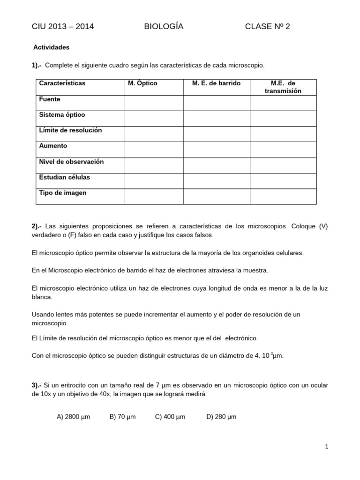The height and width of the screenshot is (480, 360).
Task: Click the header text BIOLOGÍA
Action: pos(164,27)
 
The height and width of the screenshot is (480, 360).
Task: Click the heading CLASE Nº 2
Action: pos(267,27)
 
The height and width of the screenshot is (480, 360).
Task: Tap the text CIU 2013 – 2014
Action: pos(63,27)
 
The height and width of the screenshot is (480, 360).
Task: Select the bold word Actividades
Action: pos(52,47)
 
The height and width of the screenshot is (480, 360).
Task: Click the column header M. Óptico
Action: pos(142,83)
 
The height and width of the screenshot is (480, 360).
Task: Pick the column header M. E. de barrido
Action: pos(216,83)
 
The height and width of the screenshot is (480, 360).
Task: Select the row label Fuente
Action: pos(50,99)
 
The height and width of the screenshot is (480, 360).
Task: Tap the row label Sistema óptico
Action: pos(62,115)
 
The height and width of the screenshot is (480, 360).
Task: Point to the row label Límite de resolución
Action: pos(70,130)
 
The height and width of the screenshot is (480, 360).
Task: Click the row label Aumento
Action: pos(53,146)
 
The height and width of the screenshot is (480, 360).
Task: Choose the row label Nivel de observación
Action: pos(71,162)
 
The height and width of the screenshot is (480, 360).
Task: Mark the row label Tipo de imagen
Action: pos(63,193)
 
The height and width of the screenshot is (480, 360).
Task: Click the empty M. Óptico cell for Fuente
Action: pos(153,103)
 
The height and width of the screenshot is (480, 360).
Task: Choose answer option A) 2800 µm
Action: pos(73,417)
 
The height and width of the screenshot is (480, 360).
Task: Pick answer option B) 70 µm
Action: pos(122,417)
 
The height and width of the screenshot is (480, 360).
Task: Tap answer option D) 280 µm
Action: pos(221,417)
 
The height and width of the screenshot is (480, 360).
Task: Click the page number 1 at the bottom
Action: pos(327,447)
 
